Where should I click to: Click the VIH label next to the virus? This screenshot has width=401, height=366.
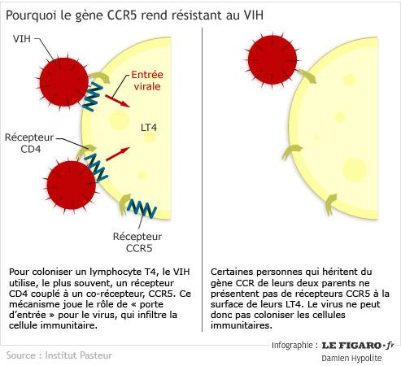coord(22,39)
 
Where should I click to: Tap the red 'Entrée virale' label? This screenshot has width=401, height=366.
coord(147,81)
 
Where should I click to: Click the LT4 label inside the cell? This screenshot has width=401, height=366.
coord(149,128)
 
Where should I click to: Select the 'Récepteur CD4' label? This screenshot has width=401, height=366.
coord(29,143)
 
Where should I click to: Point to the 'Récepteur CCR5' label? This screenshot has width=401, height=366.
coord(137,242)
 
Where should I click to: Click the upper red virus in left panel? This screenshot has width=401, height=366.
coord(63,82)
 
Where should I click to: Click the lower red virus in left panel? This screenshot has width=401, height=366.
coord(71,185)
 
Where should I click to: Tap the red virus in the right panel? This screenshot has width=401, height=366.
coord(272,59)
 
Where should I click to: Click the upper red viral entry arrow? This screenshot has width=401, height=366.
coord(117,101)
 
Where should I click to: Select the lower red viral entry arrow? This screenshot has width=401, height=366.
coord(117,154)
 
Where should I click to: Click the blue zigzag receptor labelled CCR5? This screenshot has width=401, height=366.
coord(142,208)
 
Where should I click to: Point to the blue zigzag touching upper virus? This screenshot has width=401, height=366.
coord(92,97)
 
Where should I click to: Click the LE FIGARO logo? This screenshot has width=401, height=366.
coord(358,346)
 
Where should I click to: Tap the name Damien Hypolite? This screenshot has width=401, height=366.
coord(351,358)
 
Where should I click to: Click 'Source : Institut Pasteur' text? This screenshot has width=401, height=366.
coord(59,355)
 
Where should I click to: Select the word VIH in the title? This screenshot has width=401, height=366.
coord(254,15)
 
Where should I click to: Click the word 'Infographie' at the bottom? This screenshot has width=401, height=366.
coord(292,345)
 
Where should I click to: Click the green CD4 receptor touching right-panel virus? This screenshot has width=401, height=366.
coord(307,76)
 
